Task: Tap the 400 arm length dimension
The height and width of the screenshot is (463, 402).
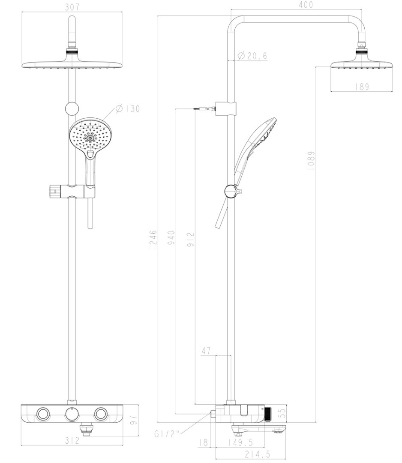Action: (x=306, y=5)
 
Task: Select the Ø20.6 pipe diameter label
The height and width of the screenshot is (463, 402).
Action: (x=252, y=56)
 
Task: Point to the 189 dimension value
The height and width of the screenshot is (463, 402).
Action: (x=362, y=87)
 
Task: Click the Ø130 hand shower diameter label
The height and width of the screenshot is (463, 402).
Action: (x=127, y=108)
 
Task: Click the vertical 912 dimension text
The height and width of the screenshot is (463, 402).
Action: (x=191, y=240)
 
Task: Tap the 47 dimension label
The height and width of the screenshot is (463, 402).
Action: (x=206, y=351)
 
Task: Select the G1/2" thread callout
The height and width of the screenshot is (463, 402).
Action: (x=167, y=434)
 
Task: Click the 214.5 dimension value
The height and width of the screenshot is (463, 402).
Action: (x=258, y=454)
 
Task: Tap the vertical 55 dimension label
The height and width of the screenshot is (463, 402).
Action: (x=282, y=414)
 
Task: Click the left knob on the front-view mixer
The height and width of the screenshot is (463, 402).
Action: (x=43, y=414)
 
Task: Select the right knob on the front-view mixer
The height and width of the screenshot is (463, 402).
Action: (x=101, y=414)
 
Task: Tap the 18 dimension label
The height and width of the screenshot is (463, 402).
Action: (x=204, y=442)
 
